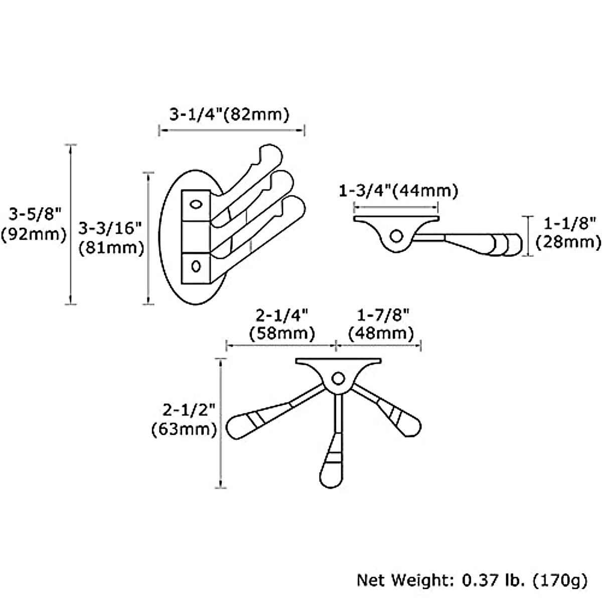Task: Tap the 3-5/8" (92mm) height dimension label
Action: (x=34, y=224)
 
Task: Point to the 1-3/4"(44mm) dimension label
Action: (x=398, y=191)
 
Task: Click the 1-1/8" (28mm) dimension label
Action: (x=568, y=232)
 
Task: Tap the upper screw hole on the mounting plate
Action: (x=195, y=205)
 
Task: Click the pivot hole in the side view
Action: (x=396, y=235)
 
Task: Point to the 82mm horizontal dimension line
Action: (x=231, y=130)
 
